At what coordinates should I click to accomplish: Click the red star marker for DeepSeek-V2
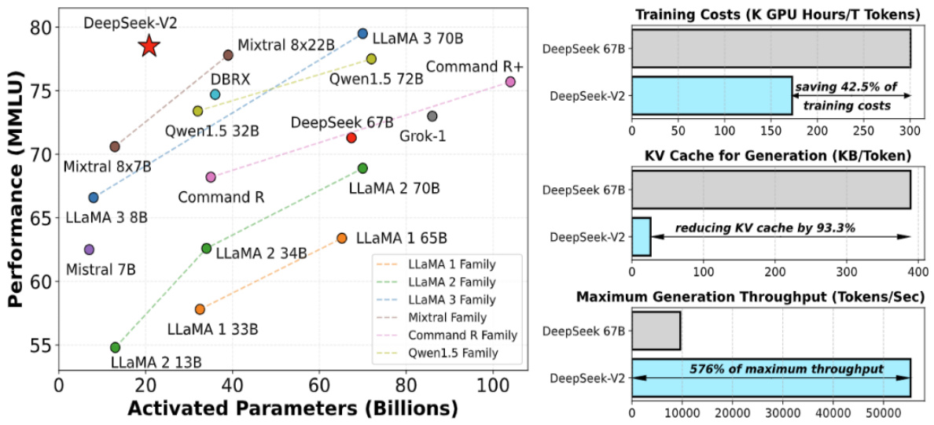[149, 46]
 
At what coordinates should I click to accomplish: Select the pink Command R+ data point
[510, 82]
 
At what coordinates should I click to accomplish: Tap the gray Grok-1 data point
[432, 116]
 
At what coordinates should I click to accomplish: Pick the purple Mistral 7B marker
[89, 249]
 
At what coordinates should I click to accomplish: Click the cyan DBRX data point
[215, 94]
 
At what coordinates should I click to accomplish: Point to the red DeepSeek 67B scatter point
[351, 138]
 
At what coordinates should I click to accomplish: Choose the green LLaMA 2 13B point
[115, 347]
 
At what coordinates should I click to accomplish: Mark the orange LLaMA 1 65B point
[341, 238]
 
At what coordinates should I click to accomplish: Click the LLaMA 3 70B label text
[417, 37]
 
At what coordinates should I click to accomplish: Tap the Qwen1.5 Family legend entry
[455, 353]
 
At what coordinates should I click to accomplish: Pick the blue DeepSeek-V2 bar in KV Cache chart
[641, 237]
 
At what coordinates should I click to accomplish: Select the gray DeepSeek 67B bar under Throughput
[656, 330]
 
